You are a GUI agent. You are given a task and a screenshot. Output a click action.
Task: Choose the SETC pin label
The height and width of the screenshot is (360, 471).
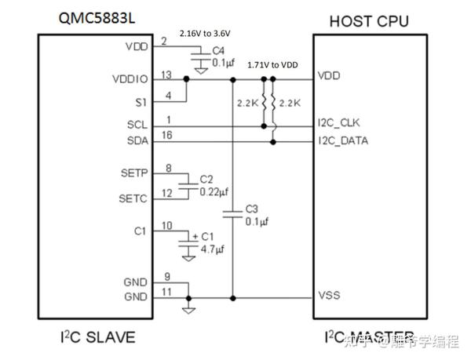(132, 198)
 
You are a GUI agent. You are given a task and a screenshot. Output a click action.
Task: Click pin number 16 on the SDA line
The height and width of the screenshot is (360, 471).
(166, 136)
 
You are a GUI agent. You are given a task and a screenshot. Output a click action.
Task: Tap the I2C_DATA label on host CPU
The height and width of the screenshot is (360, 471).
(344, 141)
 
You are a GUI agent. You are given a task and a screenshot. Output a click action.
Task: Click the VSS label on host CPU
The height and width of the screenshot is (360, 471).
(328, 297)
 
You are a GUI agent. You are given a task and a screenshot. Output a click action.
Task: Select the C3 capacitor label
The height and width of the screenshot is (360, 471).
(251, 209)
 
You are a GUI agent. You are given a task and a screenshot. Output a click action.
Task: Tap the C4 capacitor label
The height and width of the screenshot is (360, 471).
(217, 50)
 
